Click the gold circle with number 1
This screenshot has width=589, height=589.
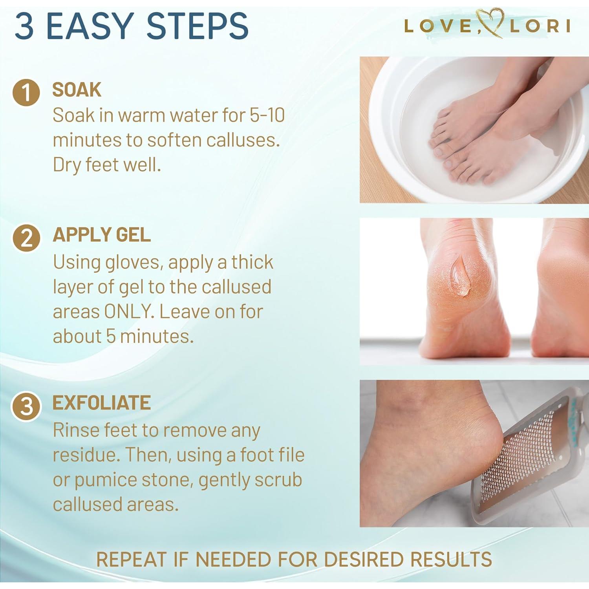point(26,92)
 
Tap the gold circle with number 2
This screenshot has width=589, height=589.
point(26,238)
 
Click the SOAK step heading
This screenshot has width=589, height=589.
point(77,90)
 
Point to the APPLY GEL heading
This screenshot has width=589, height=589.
point(102,235)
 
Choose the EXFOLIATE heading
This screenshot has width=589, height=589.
point(102,403)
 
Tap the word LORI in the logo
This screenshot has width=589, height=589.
point(540,26)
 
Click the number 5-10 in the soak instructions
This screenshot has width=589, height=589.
point(267,115)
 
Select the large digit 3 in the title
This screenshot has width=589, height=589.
point(24,26)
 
